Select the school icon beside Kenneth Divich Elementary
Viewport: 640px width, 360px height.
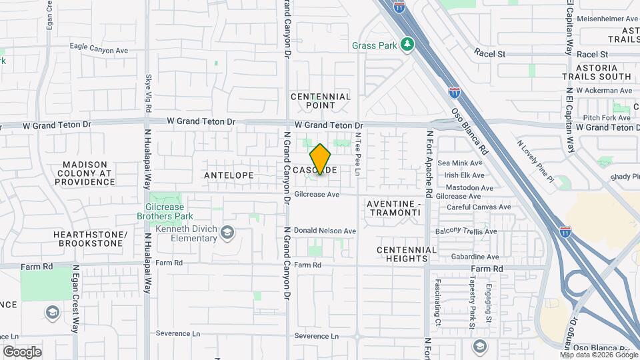point(228,232)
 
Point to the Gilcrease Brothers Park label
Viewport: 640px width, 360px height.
point(165,211)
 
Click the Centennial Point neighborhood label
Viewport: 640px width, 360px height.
point(321,101)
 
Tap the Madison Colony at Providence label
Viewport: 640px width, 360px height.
point(85,173)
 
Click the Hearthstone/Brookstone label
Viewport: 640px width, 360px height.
point(91,239)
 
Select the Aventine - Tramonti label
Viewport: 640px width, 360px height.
point(393,207)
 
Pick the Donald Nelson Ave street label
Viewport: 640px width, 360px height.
point(325,231)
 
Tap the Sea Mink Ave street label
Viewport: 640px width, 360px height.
point(460,163)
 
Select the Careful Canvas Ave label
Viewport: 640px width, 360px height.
point(479,207)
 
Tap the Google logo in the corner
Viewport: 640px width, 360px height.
point(22,351)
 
